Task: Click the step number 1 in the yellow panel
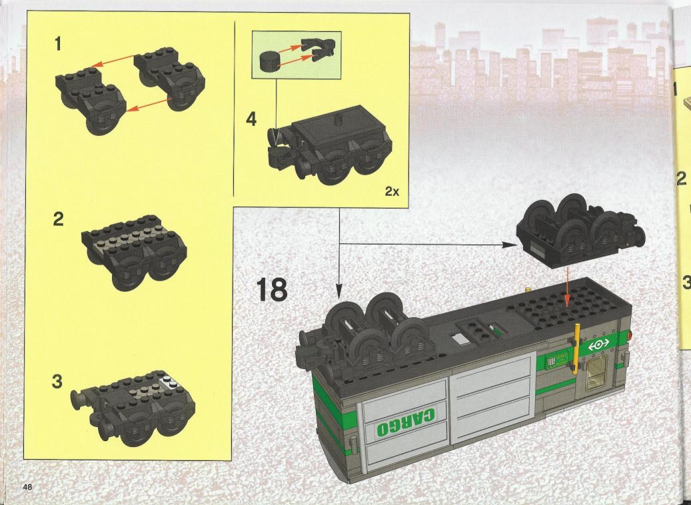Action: [x=58, y=45]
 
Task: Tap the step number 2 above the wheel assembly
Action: [x=58, y=219]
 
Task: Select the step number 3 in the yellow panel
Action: [x=57, y=382]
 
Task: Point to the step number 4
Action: [x=251, y=119]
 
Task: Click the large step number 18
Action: [x=272, y=289]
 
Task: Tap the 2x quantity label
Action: [x=392, y=191]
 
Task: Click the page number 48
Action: [x=28, y=487]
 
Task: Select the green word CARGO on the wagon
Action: [x=406, y=422]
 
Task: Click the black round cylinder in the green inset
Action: [x=270, y=61]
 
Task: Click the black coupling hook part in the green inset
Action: [x=318, y=49]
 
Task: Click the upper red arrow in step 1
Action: [x=114, y=61]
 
